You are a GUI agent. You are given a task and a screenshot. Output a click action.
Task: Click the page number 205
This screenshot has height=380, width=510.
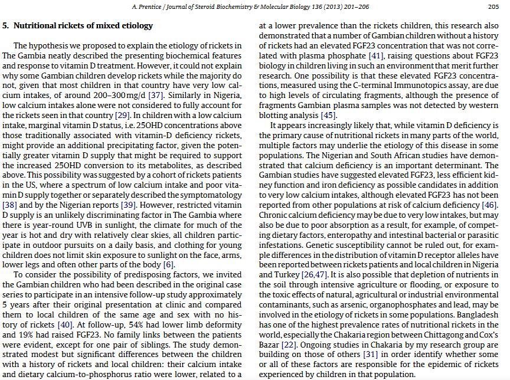(x=493, y=7)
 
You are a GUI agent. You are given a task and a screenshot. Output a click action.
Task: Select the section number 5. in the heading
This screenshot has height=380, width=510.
(x=5, y=26)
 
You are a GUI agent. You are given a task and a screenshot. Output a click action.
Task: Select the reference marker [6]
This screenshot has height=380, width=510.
(x=169, y=264)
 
